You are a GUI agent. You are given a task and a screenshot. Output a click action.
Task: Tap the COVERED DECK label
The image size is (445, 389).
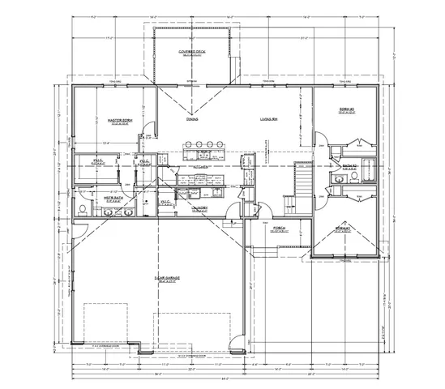[192, 53]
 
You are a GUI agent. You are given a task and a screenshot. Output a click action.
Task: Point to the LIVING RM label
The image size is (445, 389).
[269, 119]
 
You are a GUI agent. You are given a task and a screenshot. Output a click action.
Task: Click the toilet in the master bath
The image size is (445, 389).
[83, 210]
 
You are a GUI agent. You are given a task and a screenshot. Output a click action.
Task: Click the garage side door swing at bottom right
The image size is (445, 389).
[237, 342]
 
